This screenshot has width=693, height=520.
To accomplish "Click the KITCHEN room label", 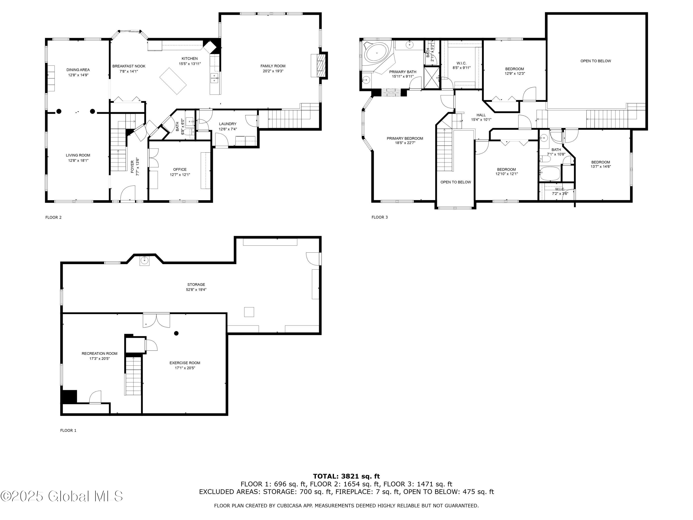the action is click(x=190, y=59).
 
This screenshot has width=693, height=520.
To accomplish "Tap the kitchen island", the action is click(x=173, y=81).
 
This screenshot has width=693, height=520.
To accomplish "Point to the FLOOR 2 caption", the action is click(x=54, y=217).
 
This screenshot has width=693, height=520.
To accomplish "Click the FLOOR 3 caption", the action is click(x=380, y=217).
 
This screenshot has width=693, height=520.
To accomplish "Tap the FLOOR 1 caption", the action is click(x=68, y=430).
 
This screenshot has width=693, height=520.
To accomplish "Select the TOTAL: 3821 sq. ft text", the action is click(x=346, y=476).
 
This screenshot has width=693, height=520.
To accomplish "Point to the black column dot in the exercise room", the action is click(x=176, y=333).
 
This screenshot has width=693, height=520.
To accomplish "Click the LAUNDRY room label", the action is click(x=228, y=124).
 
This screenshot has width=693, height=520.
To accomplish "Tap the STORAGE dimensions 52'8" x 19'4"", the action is click(x=196, y=290).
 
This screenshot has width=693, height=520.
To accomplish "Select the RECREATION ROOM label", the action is click(x=100, y=354).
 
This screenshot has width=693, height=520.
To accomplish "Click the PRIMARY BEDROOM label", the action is click(x=405, y=138).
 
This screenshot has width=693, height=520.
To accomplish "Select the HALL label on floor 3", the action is click(x=481, y=115).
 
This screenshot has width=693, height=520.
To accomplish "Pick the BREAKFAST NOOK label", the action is click(x=129, y=66).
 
